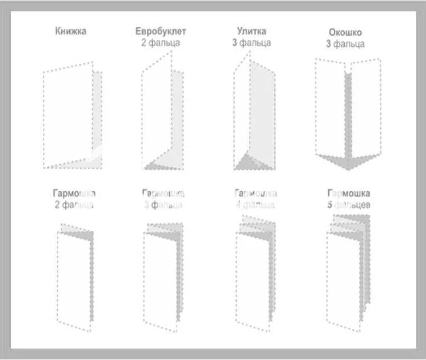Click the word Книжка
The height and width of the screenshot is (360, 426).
[x=71, y=31]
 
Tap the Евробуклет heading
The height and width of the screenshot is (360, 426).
[x=161, y=31]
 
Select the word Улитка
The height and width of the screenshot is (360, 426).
[x=252, y=31]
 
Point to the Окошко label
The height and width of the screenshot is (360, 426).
[x=345, y=33]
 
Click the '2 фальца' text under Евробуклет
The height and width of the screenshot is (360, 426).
[x=161, y=43]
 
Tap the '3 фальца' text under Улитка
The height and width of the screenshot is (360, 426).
[x=252, y=43]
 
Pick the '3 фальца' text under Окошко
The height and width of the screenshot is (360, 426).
[x=345, y=44]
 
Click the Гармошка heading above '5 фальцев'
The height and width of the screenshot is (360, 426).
[x=348, y=193]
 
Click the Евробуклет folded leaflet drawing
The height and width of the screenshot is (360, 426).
[x=162, y=117]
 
